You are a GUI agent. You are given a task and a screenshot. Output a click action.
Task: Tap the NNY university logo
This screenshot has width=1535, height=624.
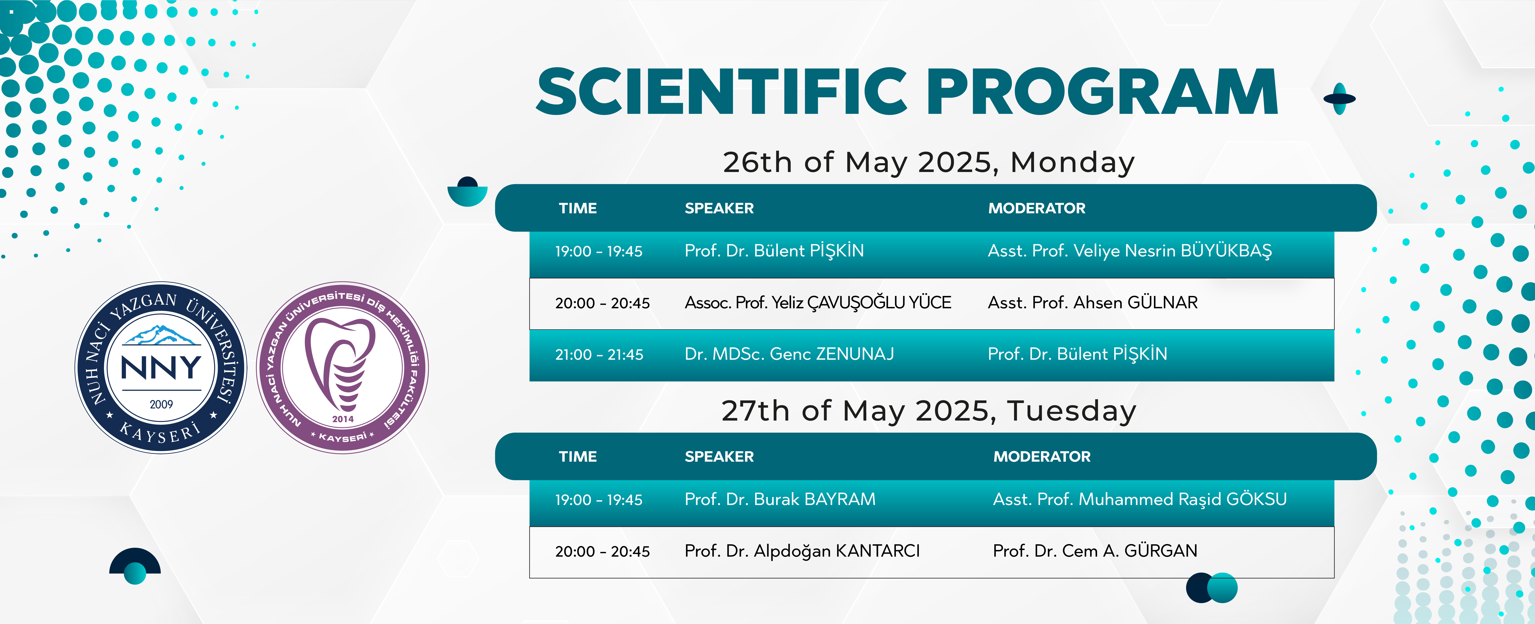coord(161,368)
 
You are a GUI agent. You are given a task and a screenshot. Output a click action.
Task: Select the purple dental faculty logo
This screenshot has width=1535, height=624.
coord(343,368)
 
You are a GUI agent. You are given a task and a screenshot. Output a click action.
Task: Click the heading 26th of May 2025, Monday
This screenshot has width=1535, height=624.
coord(929,162)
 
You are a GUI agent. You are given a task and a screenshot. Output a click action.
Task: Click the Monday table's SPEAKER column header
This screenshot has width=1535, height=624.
coord(719,208)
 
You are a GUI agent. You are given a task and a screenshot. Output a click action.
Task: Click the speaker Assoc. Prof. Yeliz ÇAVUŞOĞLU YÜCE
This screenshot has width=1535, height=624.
coord(818,303)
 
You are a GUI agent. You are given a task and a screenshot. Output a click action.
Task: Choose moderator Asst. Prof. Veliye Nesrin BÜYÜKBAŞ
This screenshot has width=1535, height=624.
coord(1130,251)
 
